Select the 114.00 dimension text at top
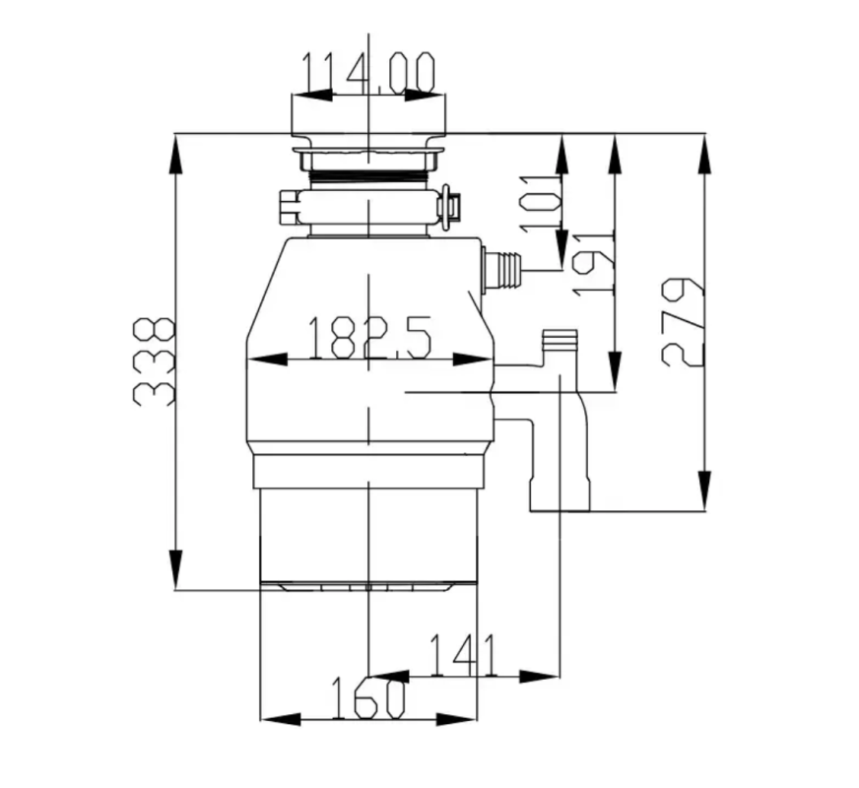[x=367, y=74]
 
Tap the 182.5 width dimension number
[x=368, y=338]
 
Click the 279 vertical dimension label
[x=683, y=322]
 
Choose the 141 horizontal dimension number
[x=463, y=655]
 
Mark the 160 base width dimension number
[x=364, y=698]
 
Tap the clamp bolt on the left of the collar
[x=289, y=206]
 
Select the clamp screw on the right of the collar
[x=448, y=205]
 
